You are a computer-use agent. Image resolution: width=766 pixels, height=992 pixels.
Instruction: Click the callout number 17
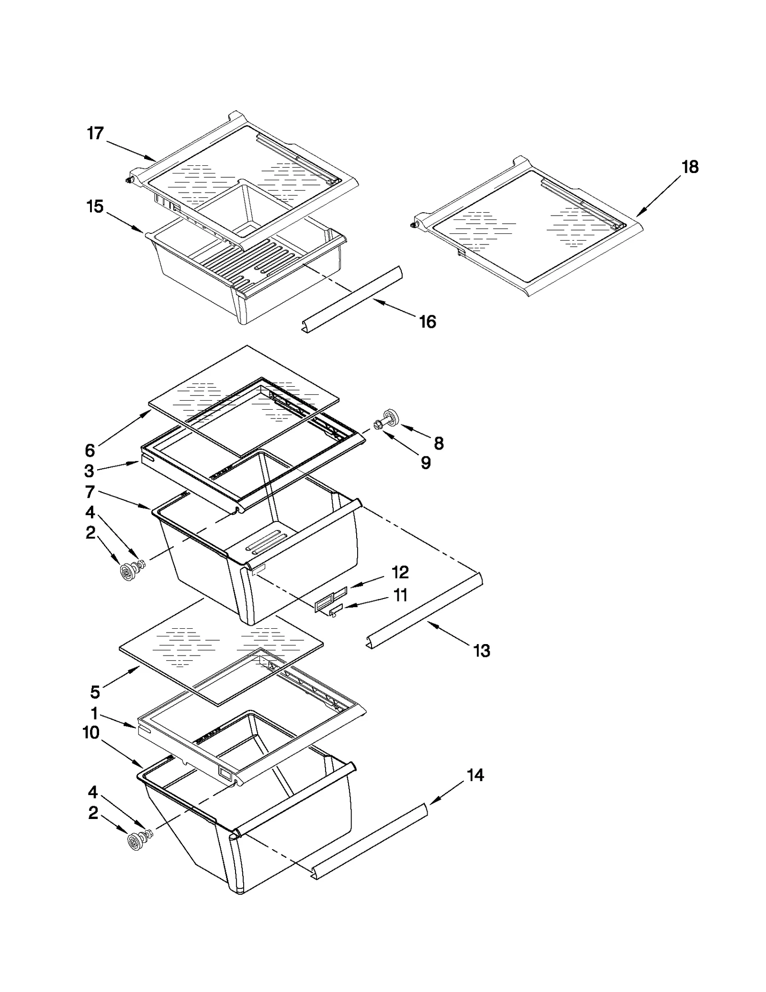click(x=95, y=133)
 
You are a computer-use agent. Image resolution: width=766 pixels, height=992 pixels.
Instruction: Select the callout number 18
click(x=690, y=167)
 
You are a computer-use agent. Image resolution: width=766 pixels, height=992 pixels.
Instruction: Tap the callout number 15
click(x=95, y=207)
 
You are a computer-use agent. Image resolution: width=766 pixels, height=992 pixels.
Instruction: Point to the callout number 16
click(x=428, y=322)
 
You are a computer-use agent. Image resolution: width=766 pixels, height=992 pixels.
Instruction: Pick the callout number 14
click(x=475, y=775)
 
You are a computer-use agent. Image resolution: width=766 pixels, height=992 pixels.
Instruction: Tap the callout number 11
click(x=400, y=595)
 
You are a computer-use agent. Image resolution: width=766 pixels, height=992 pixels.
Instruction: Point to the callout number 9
click(x=425, y=462)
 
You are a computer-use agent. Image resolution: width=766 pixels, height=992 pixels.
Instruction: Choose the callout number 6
click(x=90, y=450)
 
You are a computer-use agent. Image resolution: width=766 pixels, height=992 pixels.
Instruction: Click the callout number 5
click(x=95, y=692)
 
